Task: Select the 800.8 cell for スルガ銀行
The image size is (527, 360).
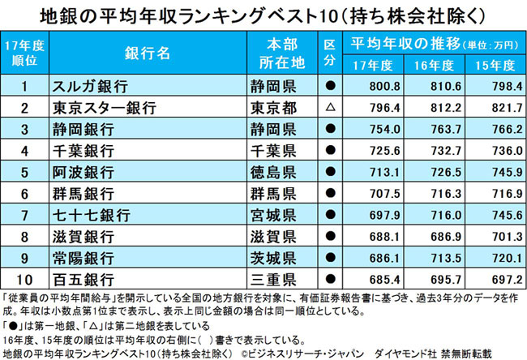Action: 379,84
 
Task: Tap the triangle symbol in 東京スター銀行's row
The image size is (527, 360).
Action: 330,106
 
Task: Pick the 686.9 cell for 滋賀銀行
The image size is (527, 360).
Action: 434,237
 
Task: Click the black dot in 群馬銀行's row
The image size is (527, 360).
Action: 330,194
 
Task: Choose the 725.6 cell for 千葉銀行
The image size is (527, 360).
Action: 379,150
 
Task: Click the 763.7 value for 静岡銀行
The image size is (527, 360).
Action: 434,128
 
